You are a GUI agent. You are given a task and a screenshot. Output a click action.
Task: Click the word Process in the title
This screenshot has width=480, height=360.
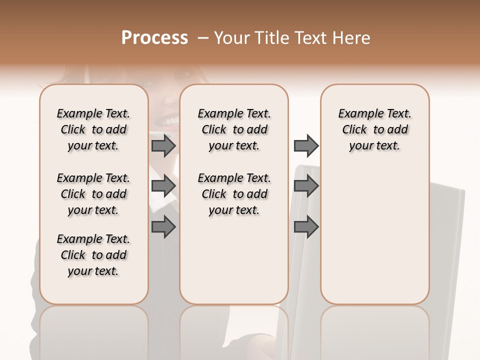click(154, 38)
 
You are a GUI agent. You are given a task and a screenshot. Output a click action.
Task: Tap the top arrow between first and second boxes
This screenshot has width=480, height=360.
click(163, 146)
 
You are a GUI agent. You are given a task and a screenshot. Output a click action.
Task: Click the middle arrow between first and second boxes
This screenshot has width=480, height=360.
click(163, 186)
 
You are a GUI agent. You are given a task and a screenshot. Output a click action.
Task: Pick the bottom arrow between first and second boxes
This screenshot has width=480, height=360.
click(163, 227)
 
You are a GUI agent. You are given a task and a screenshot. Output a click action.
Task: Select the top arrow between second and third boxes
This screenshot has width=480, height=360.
click(306, 146)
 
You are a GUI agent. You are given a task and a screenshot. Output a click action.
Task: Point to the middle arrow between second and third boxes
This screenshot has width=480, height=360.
click(306, 186)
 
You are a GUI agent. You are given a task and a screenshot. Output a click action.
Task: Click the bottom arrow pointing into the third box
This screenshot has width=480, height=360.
click(306, 227)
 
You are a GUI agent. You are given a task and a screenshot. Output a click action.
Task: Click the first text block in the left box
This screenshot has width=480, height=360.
click(93, 129)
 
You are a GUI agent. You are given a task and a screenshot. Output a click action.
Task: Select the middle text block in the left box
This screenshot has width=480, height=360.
click(93, 194)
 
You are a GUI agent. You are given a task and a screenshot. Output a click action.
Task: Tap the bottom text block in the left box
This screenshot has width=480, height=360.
click(93, 255)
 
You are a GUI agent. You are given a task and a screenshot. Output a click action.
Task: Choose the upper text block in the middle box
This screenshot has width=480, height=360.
click(234, 129)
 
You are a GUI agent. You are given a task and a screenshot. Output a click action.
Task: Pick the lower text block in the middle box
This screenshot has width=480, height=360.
click(234, 194)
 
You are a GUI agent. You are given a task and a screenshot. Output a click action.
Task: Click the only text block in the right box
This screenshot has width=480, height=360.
click(374, 129)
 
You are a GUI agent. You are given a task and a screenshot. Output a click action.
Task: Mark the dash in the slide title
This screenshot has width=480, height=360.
click(202, 38)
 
